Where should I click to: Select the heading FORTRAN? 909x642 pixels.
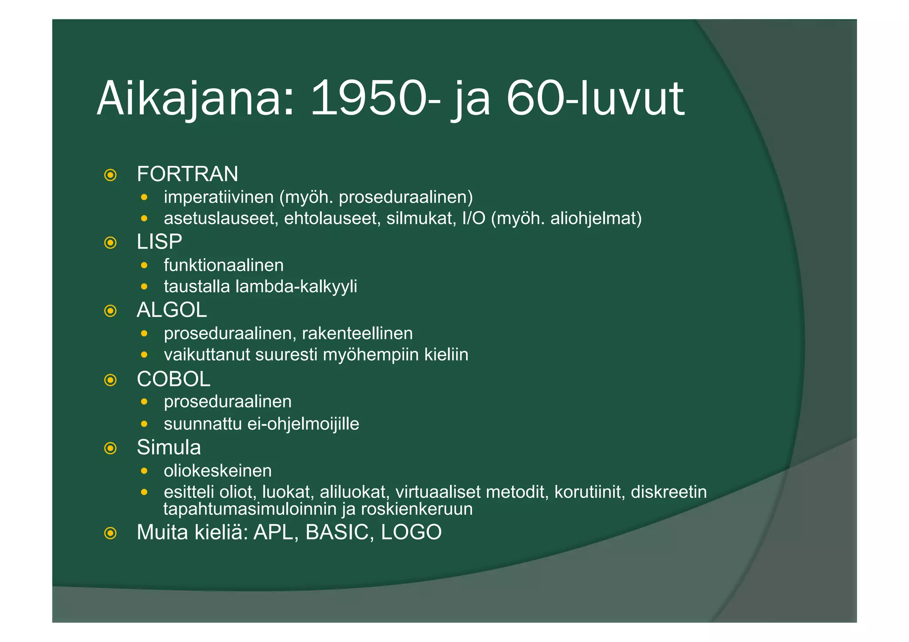187,174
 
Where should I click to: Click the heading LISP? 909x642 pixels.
159,242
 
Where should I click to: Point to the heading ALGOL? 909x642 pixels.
172,310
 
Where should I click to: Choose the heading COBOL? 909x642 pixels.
174,379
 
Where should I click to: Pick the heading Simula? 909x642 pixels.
169,447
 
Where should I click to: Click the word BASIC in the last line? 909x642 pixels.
337,532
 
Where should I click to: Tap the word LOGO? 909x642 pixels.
411,532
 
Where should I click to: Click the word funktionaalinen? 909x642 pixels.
224,265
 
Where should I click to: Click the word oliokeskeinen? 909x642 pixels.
217,471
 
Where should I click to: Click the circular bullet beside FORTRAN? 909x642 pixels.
110,175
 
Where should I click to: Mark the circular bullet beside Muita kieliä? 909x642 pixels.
110,533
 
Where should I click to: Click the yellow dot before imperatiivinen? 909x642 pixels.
144,197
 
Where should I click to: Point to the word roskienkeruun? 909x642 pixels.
417,509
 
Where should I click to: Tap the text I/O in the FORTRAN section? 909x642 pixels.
474,219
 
